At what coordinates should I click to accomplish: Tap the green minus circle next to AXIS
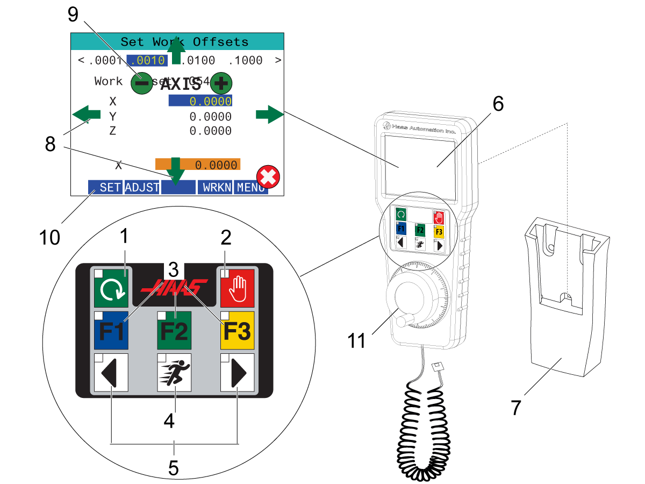click(141, 83)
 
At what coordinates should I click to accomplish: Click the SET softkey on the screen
click(106, 187)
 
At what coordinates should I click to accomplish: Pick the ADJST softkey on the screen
click(142, 187)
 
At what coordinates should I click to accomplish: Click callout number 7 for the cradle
click(516, 407)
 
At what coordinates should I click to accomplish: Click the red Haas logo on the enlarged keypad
click(174, 286)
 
